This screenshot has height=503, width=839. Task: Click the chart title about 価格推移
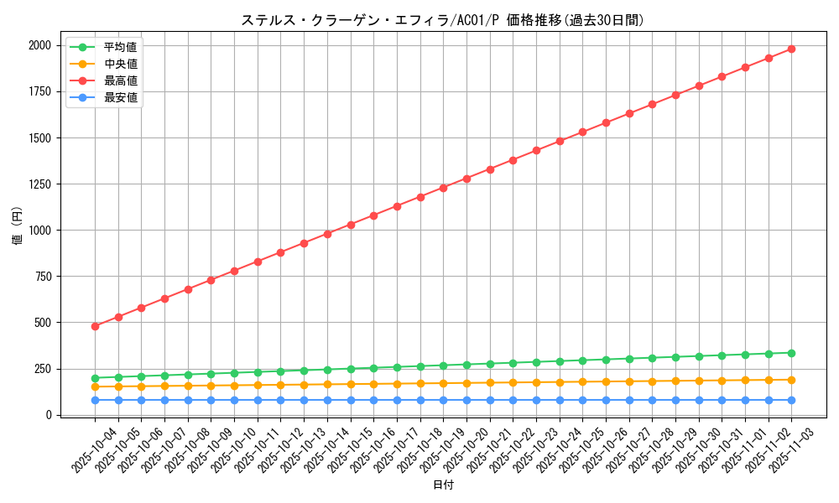click(x=442, y=20)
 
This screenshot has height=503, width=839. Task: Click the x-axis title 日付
click(x=443, y=485)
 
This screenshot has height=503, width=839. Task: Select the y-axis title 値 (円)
click(x=18, y=226)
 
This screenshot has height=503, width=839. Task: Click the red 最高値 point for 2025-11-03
click(x=791, y=49)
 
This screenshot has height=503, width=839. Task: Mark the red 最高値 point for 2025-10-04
click(x=95, y=326)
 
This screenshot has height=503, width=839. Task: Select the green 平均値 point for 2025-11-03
click(x=791, y=353)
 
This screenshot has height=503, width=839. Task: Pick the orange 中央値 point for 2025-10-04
click(x=95, y=386)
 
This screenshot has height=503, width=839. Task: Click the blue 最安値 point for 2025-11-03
click(x=791, y=400)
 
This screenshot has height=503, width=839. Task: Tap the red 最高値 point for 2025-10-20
click(x=466, y=179)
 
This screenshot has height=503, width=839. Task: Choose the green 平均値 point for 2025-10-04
click(x=95, y=378)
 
